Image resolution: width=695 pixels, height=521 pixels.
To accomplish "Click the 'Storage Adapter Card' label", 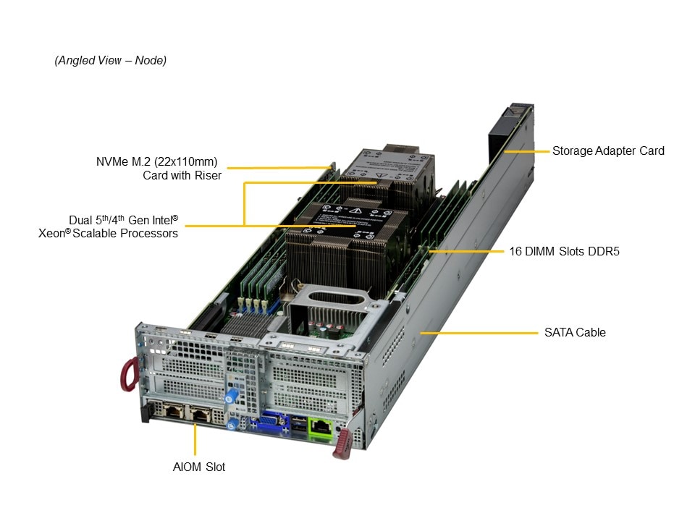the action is coord(608,151).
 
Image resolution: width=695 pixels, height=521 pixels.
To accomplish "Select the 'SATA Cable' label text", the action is coord(575,332).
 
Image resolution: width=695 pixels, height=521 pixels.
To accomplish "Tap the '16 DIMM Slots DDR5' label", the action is coord(564,251).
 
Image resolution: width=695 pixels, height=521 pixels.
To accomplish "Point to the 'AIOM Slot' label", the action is coord(199,467).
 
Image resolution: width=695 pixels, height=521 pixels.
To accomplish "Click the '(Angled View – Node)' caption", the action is coord(110,60).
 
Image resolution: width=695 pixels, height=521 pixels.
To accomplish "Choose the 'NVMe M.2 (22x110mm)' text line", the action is coord(157,161).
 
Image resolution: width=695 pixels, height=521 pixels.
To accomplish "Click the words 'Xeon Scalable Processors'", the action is coord(108,234).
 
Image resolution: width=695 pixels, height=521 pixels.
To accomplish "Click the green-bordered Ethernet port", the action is coord(321,428).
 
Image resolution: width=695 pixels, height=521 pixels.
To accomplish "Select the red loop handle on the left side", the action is coord(129,375).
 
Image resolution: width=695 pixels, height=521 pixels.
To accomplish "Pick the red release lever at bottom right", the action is coord(342,444).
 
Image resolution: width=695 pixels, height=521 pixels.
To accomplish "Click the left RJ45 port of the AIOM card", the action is coord(173,411).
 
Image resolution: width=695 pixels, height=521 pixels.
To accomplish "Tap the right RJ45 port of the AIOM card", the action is coord(200,415).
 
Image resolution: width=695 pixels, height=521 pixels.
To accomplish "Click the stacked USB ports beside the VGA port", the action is coord(299,425).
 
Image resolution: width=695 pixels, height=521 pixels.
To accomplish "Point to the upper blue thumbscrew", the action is coord(230,396).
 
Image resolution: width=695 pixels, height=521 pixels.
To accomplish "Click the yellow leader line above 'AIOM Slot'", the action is coord(195,439).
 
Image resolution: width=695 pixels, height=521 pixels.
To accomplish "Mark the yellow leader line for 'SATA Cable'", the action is coord(479,333).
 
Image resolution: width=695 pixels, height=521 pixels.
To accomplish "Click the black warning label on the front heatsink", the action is coord(346,218).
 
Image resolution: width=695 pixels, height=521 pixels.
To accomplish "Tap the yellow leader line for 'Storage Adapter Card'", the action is coord(526,151).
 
